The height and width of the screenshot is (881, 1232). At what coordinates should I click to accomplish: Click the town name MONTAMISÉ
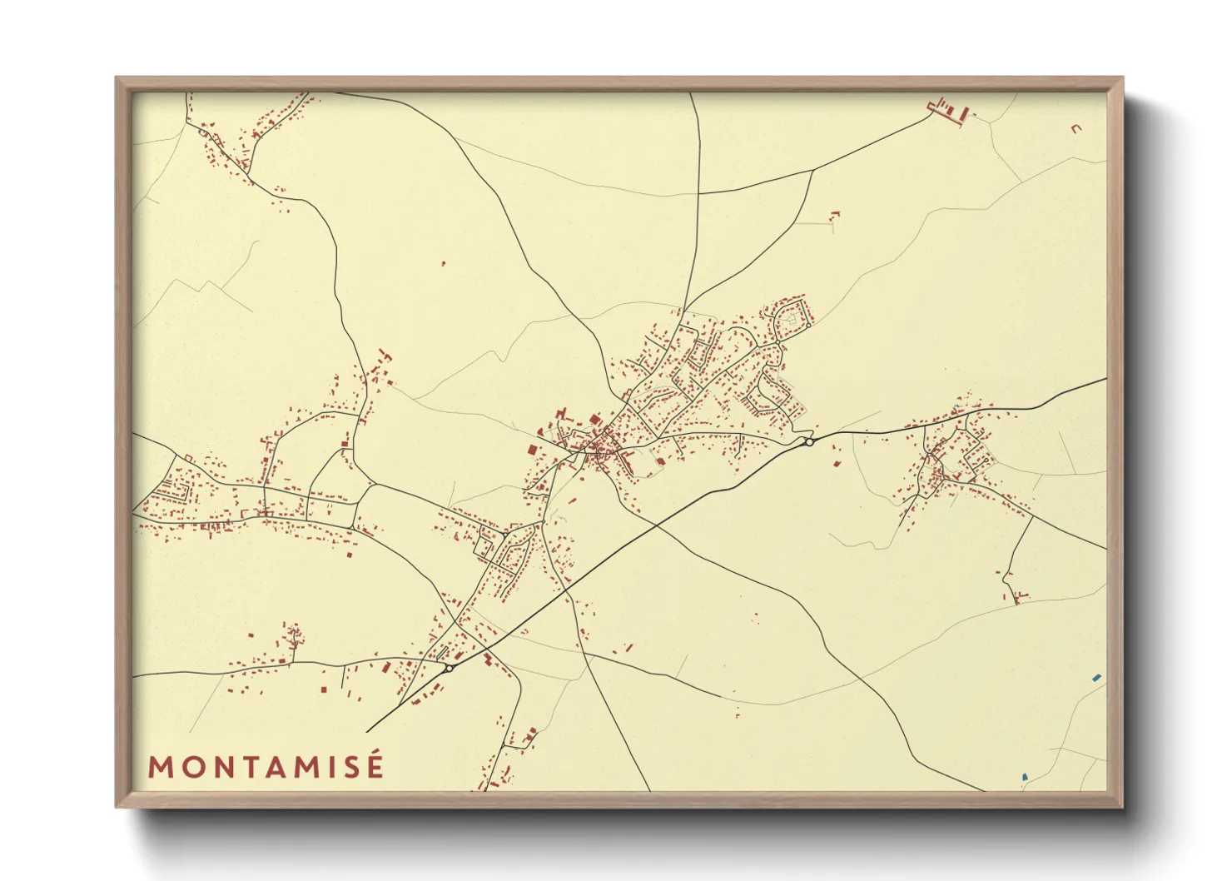(x=266, y=767)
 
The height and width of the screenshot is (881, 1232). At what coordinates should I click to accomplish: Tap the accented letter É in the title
(x=375, y=765)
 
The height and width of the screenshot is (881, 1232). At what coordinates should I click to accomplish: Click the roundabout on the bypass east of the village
(x=808, y=442)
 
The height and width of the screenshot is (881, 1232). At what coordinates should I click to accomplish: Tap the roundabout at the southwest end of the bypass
(x=449, y=668)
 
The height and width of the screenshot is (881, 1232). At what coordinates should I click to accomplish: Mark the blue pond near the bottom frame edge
(x=1025, y=778)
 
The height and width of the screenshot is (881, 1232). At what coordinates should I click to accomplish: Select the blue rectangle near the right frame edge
(x=1096, y=678)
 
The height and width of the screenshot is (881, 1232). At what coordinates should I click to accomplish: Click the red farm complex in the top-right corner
(x=949, y=111)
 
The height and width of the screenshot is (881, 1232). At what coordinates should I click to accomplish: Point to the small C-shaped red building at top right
(x=1076, y=128)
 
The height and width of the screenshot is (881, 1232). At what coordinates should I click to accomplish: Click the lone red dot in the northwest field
(x=443, y=264)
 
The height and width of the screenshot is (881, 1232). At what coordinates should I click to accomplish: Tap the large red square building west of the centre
(x=532, y=450)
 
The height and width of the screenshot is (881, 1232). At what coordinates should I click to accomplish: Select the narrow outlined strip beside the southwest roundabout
(x=442, y=654)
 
